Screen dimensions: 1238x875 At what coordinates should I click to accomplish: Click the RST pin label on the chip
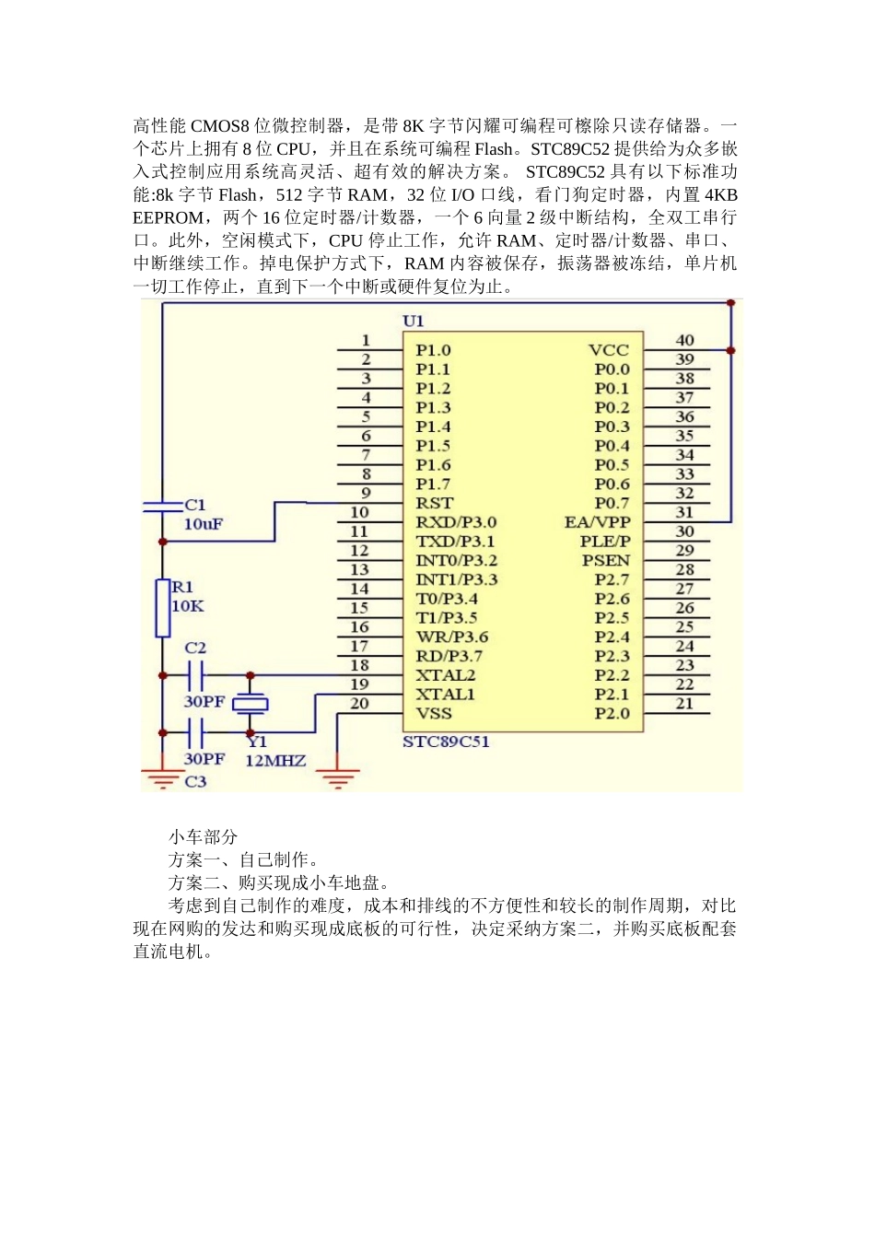[434, 503]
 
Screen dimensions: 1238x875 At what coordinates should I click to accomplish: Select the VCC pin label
[609, 350]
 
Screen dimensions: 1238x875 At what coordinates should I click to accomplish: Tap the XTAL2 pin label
[446, 675]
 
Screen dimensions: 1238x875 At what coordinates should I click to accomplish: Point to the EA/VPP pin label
[598, 522]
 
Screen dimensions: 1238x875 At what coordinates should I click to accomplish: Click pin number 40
[685, 340]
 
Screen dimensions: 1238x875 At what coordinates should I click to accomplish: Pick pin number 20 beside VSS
[359, 704]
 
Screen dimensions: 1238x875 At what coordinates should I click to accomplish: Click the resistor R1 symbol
[163, 608]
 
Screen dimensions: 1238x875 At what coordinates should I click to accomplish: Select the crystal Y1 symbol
[251, 705]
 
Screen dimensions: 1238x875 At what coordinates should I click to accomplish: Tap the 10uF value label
[204, 524]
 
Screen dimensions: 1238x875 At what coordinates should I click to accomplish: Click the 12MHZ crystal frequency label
[275, 761]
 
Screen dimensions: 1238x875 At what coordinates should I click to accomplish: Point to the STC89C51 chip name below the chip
[446, 742]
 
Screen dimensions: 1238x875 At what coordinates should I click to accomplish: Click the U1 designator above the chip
[414, 321]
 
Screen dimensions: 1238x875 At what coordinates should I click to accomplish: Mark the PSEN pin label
[606, 560]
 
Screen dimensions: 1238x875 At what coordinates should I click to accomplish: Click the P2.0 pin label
[612, 713]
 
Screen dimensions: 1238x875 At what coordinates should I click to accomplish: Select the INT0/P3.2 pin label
[457, 560]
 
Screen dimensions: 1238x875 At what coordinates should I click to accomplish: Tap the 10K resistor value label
[188, 606]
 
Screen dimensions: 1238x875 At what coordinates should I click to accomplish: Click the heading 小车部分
[203, 836]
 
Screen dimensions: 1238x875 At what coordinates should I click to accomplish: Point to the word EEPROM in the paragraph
[169, 217]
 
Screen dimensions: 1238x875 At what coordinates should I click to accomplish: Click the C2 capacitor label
[195, 648]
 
